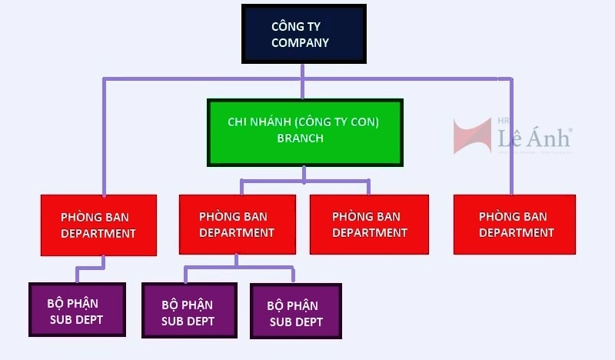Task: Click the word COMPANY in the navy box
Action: coord(300,43)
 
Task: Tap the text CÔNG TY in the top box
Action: coord(296,27)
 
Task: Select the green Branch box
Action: coord(304,132)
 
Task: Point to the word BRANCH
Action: coord(300,138)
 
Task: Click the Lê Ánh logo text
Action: coord(534,138)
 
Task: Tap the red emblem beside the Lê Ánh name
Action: coord(472,135)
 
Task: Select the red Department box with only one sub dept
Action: coord(98,224)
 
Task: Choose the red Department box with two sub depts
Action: coord(237,224)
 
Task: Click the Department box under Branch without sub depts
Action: coord(369,224)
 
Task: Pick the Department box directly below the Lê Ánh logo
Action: coord(514,224)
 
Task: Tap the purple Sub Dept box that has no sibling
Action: coord(77,309)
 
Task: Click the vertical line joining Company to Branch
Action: coord(303,81)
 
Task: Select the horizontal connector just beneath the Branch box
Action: coord(304,182)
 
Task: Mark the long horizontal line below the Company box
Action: coord(192,78)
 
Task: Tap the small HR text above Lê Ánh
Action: coord(504,122)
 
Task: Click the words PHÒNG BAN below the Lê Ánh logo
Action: coord(513,216)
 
